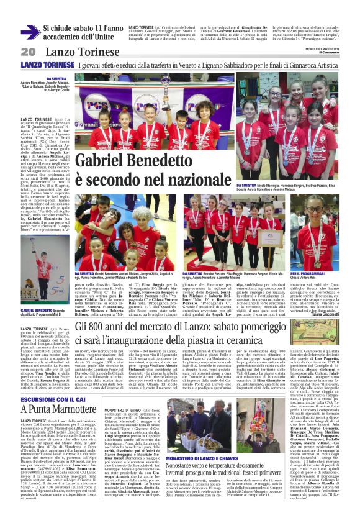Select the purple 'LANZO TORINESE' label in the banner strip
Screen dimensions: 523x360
[44, 65]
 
